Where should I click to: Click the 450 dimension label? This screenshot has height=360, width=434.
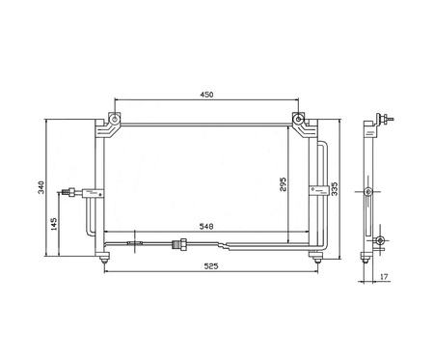click(x=206, y=95)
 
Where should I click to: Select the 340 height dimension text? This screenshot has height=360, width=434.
click(x=41, y=187)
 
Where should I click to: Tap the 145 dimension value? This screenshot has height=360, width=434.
click(x=54, y=224)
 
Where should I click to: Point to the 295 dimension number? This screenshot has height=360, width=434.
click(x=283, y=183)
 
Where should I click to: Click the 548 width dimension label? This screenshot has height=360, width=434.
click(x=206, y=227)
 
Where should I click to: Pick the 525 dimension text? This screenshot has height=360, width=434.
click(x=211, y=266)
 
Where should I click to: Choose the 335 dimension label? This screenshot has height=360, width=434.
click(x=335, y=189)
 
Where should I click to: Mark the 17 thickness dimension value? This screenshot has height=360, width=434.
click(x=384, y=276)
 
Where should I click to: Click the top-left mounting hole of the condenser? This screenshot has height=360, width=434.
click(x=114, y=120)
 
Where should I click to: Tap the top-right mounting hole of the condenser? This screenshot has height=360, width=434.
click(x=298, y=120)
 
